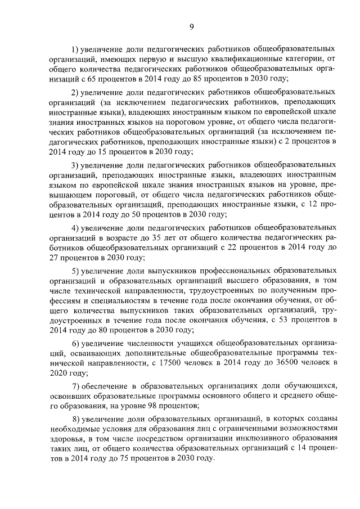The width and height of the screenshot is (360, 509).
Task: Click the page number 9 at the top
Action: [x=191, y=26]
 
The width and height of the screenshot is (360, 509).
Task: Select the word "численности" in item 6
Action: [x=155, y=343]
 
